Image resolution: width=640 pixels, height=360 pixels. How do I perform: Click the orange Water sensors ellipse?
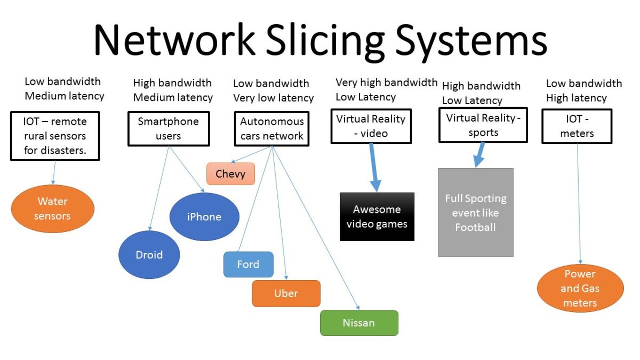(53, 209)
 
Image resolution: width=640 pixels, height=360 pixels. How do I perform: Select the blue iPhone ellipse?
(204, 217)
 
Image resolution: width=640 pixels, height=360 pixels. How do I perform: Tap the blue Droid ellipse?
(149, 254)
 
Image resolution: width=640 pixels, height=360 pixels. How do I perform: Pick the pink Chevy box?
(230, 174)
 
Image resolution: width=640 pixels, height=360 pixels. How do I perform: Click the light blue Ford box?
(249, 265)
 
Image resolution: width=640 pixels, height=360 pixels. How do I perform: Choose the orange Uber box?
(286, 293)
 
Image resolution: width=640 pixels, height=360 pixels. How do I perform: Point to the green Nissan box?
(359, 323)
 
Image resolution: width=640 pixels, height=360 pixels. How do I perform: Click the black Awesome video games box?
(377, 217)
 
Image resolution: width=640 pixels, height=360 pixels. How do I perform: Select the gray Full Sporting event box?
(476, 213)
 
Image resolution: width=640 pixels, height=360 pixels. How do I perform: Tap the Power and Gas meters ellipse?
(580, 289)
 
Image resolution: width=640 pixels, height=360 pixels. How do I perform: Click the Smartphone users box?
(169, 129)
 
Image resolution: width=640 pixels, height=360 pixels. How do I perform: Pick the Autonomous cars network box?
(271, 129)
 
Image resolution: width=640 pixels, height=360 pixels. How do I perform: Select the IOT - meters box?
(577, 126)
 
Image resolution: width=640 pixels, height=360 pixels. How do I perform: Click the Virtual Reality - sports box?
(483, 125)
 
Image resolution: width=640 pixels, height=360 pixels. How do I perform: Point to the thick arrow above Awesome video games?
(374, 167)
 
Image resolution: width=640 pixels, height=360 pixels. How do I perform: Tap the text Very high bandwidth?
(387, 83)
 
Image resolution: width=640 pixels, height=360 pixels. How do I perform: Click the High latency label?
(577, 98)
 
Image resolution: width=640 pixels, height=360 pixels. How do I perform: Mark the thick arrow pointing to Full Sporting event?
(479, 155)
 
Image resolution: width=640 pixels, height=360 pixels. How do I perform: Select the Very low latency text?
(274, 98)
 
